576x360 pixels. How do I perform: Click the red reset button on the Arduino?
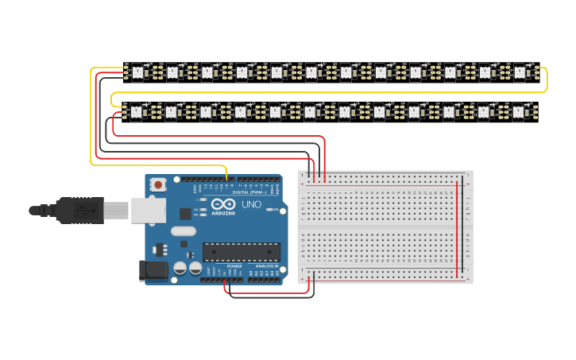coord(158,184)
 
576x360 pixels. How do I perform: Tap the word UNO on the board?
coord(251,204)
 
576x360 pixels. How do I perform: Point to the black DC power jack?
coord(155,271)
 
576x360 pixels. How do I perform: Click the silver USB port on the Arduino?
coord(149,210)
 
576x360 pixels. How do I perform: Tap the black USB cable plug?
coord(79,211)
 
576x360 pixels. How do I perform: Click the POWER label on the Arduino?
coord(234,266)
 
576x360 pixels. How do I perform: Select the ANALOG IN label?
coord(267,266)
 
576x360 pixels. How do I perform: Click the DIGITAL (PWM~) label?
coord(248,192)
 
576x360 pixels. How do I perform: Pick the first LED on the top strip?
coord(137,72)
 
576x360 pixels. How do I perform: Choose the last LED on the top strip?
coord(520,72)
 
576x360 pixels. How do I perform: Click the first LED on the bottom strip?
coord(137,112)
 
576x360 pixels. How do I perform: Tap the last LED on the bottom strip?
coord(520,112)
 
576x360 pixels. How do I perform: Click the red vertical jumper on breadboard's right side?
coord(457,230)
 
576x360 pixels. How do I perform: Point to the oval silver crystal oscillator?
coord(183,231)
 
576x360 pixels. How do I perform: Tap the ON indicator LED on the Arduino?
coord(274,211)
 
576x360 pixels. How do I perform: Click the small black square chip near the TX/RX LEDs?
coord(185,213)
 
